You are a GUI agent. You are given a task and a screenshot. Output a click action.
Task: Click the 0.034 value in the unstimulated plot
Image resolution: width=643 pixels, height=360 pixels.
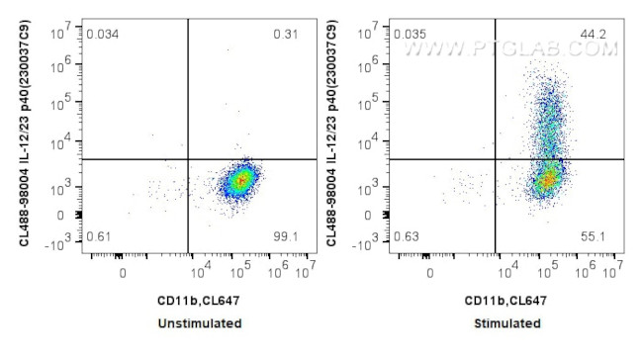coord(103,35)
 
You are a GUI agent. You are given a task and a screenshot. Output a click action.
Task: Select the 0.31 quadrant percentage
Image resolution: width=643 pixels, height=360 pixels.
coord(286,35)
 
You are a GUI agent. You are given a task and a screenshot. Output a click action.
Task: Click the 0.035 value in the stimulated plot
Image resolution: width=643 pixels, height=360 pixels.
coord(410,35)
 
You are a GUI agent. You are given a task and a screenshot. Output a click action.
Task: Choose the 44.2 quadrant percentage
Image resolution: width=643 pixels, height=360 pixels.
coord(594,35)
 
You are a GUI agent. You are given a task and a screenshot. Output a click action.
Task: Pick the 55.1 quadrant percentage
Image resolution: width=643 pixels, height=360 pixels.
coord(595,237)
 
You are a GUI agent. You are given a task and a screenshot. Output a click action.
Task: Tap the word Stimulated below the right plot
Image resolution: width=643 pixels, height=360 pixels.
coord(507,323)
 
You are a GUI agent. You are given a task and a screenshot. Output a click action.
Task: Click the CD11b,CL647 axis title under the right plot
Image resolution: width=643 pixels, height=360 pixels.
coord(507,300)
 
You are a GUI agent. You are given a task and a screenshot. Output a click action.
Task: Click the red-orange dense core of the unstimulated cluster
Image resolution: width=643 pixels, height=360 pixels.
coord(239,181)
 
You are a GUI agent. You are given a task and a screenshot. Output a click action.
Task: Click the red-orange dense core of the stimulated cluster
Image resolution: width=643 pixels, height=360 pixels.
coord(547,181)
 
